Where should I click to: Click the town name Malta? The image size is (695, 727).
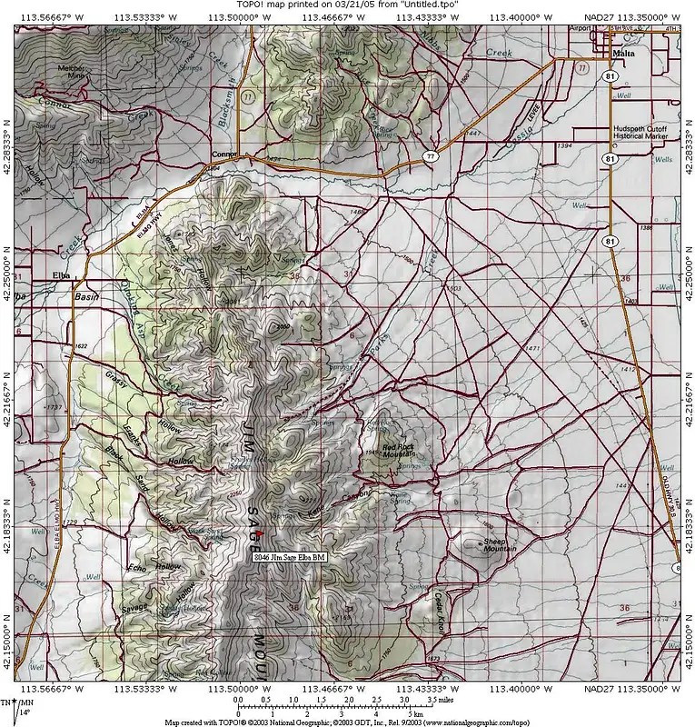[623, 53]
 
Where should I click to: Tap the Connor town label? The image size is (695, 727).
[223, 154]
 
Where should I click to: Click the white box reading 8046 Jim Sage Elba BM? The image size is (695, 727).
[290, 556]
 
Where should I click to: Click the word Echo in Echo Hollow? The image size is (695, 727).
[139, 568]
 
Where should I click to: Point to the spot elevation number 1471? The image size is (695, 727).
[532, 349]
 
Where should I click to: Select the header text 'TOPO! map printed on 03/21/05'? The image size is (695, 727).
[347, 5]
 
